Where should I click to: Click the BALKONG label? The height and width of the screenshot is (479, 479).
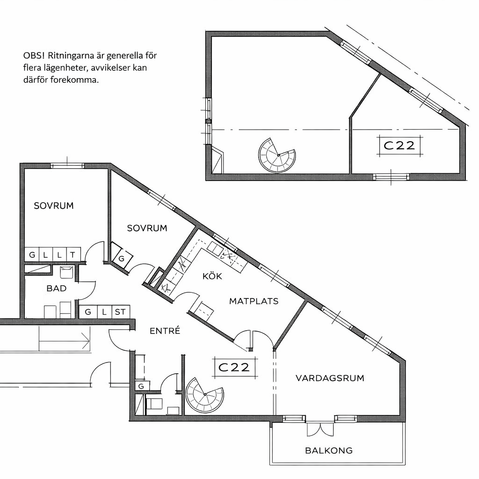(329, 450)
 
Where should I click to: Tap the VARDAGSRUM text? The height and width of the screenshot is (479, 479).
(330, 378)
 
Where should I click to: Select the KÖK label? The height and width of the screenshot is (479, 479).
(212, 276)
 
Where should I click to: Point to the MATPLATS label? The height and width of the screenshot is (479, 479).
(254, 301)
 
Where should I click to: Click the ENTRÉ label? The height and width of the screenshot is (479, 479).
(165, 331)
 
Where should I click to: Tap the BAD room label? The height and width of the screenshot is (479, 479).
(57, 288)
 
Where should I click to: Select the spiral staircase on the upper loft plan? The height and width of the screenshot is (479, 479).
(277, 155)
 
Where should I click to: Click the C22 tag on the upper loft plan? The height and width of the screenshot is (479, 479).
(399, 145)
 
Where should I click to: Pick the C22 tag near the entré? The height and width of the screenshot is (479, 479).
(234, 367)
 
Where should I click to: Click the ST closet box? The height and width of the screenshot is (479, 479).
(120, 312)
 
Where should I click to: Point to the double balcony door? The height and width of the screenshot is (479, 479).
(320, 429)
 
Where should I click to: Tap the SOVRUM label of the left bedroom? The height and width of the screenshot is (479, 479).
(54, 206)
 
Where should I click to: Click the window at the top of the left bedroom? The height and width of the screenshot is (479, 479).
(67, 166)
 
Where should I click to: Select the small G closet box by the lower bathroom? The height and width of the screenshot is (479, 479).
(142, 386)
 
